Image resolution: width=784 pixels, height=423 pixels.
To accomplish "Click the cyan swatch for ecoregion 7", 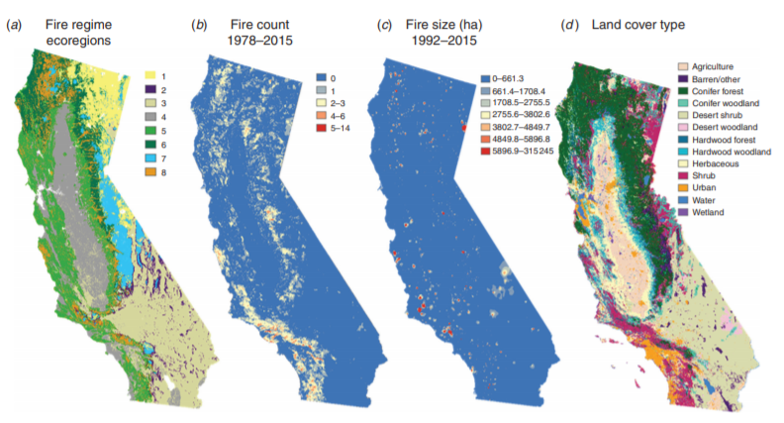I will pos(150,158).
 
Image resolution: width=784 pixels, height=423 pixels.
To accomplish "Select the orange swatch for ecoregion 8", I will pos(150,171).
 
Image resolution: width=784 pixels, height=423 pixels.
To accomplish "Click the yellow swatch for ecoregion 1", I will pos(150,74).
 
